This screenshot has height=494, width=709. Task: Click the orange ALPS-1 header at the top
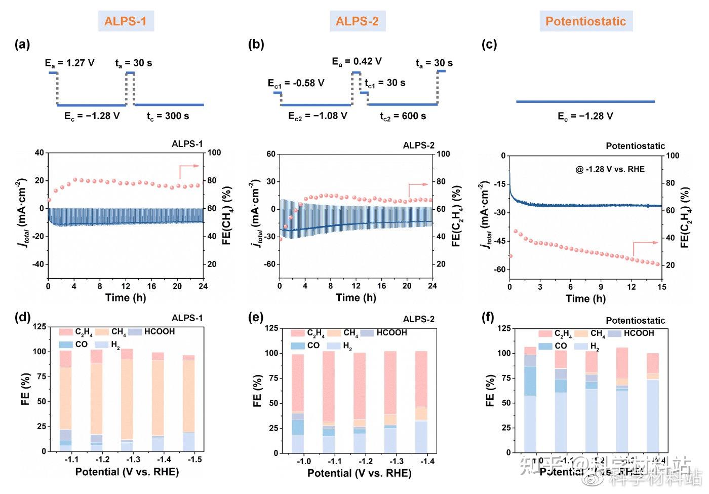pos(125,21)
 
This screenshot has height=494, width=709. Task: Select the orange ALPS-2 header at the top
pos(357,21)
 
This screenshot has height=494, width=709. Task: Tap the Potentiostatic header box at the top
pos(585,21)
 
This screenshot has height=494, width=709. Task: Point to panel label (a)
pos(22,45)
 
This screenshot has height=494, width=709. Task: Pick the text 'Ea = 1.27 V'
pos(69,63)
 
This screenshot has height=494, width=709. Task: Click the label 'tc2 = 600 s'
pos(403,117)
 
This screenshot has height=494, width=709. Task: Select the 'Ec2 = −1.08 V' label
pos(318,116)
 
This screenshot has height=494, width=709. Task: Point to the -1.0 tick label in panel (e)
pos(304,461)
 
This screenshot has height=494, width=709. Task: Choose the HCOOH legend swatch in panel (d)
pos(135,332)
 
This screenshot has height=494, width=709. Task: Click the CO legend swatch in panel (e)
pos(298,346)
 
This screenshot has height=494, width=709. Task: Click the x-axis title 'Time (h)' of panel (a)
pos(126,297)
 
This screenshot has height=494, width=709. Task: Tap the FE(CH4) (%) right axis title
pos(226,216)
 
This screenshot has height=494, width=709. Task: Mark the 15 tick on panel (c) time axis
pos(661,287)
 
